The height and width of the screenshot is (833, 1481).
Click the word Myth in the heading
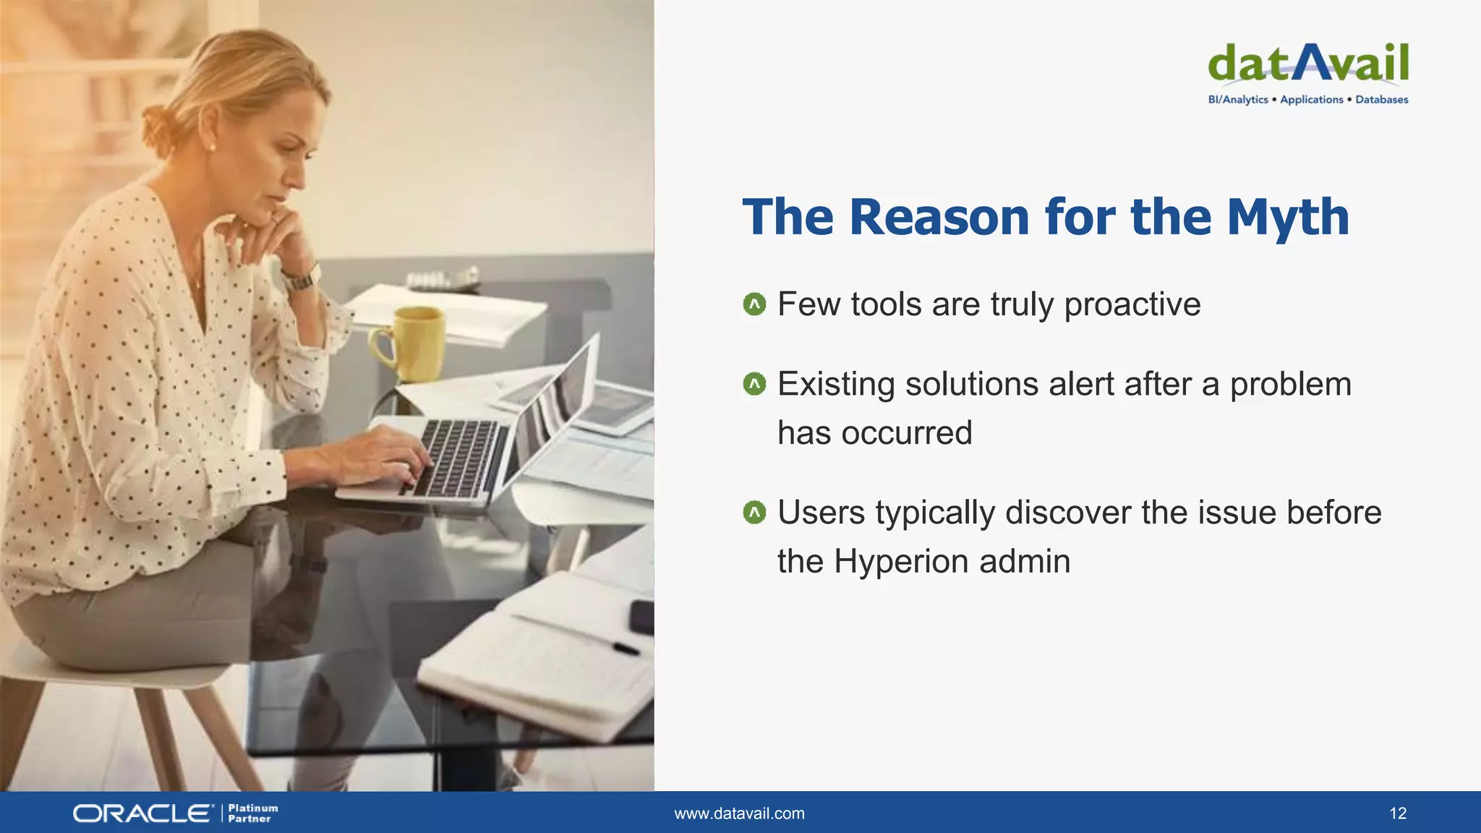[1288, 217]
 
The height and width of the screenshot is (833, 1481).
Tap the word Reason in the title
[939, 217]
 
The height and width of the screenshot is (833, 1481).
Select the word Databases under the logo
[1381, 100]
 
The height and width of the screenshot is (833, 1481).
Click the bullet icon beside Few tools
[754, 304]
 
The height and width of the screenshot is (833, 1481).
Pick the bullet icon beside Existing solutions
[754, 384]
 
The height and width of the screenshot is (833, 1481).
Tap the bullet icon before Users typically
[754, 513]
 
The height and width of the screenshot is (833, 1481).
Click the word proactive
[1132, 304]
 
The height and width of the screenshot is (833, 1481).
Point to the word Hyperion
[901, 561]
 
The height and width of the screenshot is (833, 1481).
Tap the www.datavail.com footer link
[739, 813]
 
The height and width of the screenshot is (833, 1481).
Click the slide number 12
[1398, 813]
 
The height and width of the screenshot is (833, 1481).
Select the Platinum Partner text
[252, 813]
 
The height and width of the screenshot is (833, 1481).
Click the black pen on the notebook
[626, 648]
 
